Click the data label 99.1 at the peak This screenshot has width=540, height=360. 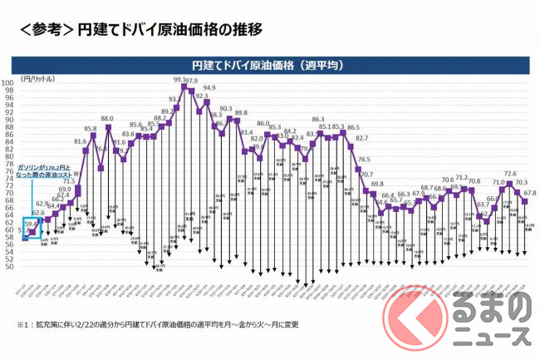pos(179,80)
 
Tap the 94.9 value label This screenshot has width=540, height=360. pos(209,88)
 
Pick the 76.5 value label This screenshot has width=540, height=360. pos(363,159)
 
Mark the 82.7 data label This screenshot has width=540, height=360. pos(361,138)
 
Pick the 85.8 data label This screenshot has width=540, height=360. pos(90,130)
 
